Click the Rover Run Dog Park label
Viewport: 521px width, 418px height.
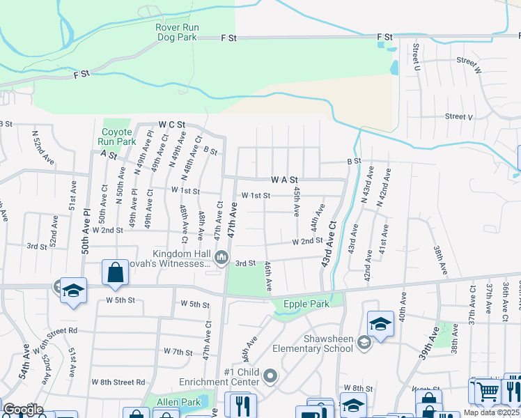click(178, 33)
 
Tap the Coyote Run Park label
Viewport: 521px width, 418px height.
click(116, 137)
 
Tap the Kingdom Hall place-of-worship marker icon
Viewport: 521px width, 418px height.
click(221, 258)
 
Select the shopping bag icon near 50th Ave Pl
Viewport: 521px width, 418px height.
click(115, 272)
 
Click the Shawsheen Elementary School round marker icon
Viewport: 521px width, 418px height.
click(364, 341)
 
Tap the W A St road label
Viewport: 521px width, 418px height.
click(285, 179)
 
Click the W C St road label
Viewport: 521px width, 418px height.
click(172, 124)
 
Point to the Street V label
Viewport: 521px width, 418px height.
click(458, 116)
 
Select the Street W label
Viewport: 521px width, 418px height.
click(469, 61)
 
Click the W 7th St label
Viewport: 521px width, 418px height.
click(177, 351)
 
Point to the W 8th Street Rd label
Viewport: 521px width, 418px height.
click(122, 382)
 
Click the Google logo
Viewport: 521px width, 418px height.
click(22, 410)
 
